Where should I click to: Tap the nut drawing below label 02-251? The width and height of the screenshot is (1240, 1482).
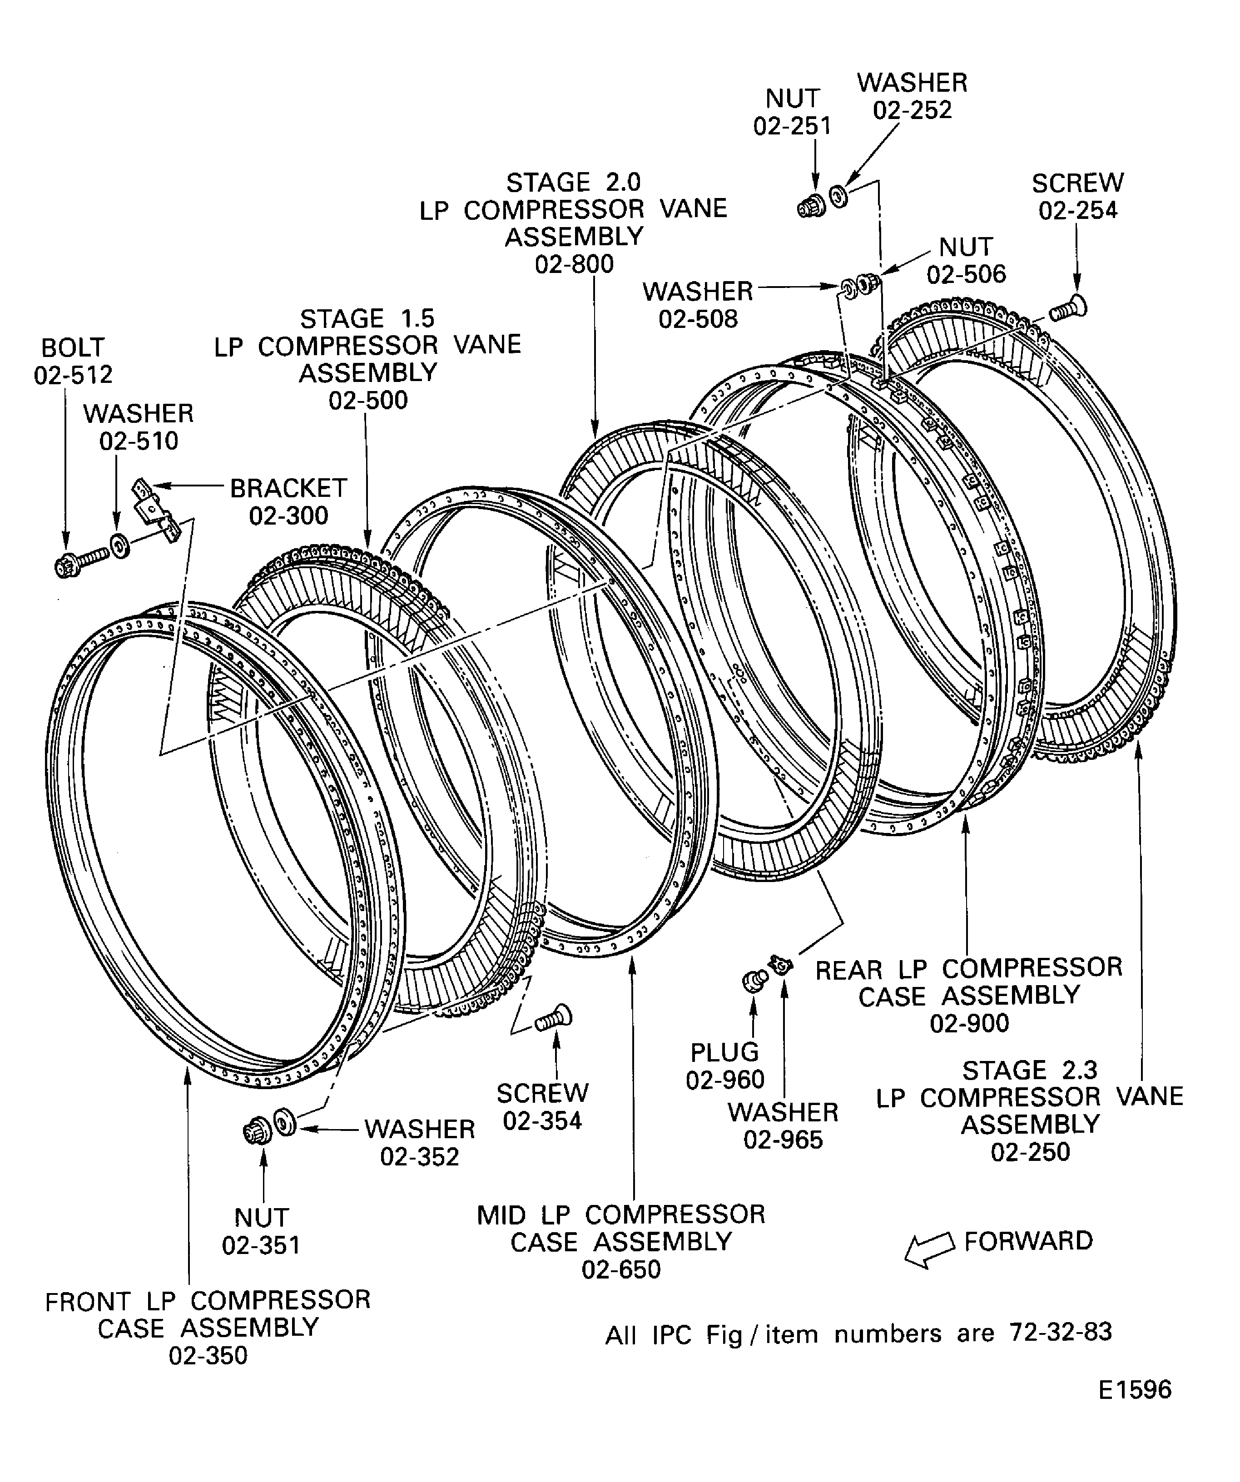[810, 206]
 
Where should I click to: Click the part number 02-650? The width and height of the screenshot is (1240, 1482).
[621, 1269]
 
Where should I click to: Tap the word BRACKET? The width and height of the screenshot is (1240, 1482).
[288, 488]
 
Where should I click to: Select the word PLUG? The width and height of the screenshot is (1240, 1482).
[724, 1052]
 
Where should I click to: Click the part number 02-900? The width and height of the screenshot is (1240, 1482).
[969, 1022]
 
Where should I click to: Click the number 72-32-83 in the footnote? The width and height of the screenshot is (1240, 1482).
[1061, 1332]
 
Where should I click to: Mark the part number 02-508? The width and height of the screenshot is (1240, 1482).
[698, 319]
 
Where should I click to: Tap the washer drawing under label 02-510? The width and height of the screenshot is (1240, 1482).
[119, 545]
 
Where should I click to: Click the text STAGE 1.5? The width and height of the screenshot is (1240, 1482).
[367, 318]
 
